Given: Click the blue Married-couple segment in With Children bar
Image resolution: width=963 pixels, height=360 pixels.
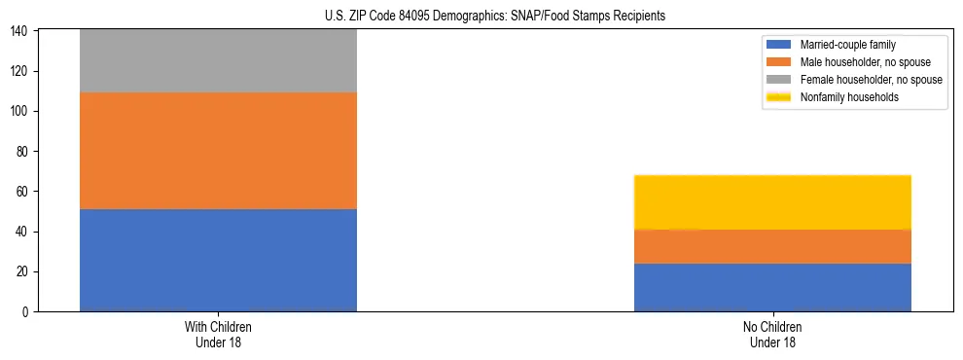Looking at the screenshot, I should point(218,260).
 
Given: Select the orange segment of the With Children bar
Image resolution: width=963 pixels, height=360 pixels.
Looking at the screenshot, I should point(218,151).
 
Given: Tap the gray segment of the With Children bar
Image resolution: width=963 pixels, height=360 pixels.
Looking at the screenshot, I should point(218,61).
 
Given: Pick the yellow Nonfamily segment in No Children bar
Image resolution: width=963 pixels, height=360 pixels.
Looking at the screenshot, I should point(772,202).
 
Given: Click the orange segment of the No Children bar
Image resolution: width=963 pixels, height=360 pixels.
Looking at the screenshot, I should point(772,246).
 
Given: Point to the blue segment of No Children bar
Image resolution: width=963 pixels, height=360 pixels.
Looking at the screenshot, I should point(772,287).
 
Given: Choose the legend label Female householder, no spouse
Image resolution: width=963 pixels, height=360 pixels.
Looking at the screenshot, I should point(871,80).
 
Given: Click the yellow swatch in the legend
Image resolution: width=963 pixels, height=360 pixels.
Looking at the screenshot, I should point(780,97).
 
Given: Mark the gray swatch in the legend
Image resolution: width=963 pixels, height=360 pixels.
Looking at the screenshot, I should point(780,80).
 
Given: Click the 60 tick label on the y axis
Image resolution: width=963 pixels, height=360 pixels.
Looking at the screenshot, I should point(23,192).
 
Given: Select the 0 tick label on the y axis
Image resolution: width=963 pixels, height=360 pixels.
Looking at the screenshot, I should point(26,311).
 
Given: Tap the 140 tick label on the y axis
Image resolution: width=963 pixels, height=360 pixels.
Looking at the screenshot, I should point(20,32).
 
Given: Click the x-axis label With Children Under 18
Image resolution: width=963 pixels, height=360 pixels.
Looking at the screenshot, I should point(218,334).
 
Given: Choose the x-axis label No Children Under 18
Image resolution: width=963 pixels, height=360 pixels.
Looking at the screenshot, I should point(772,334).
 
